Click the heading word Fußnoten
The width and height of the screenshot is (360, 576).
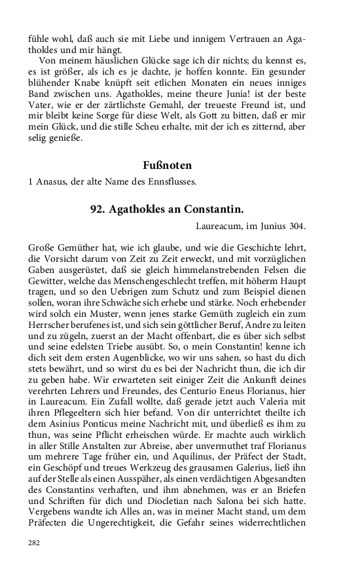pyautogui.click(x=167, y=166)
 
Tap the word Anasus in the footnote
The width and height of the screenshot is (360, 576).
pyautogui.click(x=50, y=181)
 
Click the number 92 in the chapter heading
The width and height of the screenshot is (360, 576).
pyautogui.click(x=98, y=209)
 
